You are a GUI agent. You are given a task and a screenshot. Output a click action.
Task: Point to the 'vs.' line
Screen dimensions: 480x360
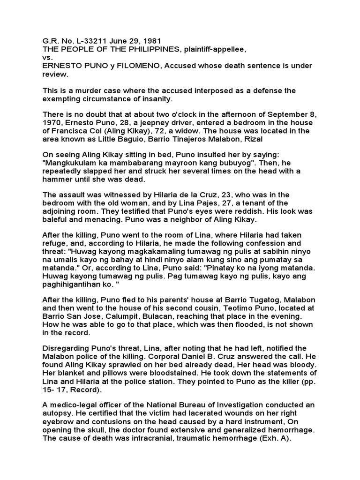point(48,57)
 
